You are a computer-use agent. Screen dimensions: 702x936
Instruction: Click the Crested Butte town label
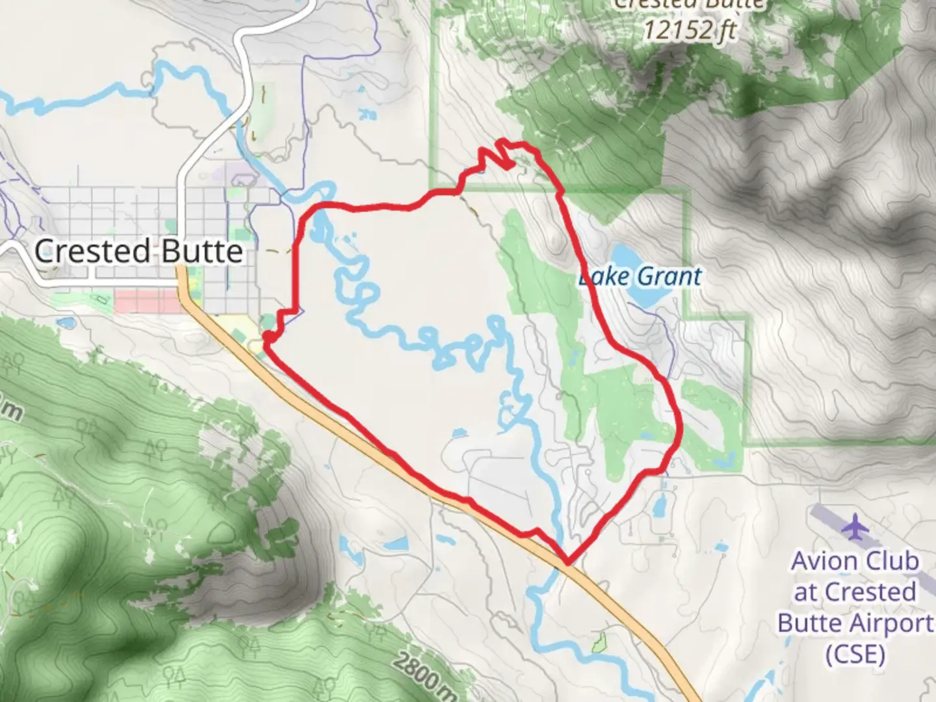(138, 251)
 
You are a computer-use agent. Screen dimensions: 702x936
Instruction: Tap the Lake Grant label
(640, 277)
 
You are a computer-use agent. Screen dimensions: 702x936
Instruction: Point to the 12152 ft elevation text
(690, 29)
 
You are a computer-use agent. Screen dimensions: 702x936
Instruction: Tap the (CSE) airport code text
(855, 653)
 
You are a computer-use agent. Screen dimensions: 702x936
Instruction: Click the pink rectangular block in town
(147, 302)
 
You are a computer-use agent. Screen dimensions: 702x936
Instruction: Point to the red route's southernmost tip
(568, 561)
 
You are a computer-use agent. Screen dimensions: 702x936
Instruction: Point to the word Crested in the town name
(93, 251)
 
